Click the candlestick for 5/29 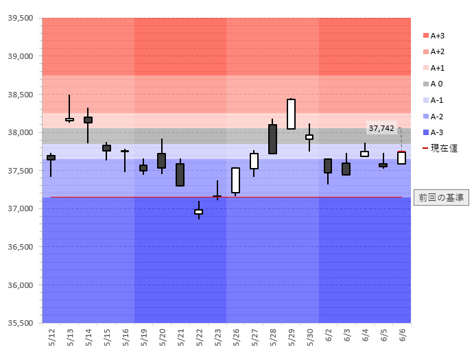pyautogui.click(x=291, y=114)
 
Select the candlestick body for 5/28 pyautogui.click(x=272, y=139)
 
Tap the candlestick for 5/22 pyautogui.click(x=198, y=212)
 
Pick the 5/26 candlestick pyautogui.click(x=235, y=180)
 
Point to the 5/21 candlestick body pyautogui.click(x=180, y=175)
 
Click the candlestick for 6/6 pyautogui.click(x=401, y=158)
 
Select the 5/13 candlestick pyautogui.click(x=69, y=119)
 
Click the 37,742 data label pyautogui.click(x=381, y=128)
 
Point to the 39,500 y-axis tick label pyautogui.click(x=21, y=19)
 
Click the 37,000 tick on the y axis pyautogui.click(x=21, y=208)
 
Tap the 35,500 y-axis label pyautogui.click(x=21, y=323)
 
